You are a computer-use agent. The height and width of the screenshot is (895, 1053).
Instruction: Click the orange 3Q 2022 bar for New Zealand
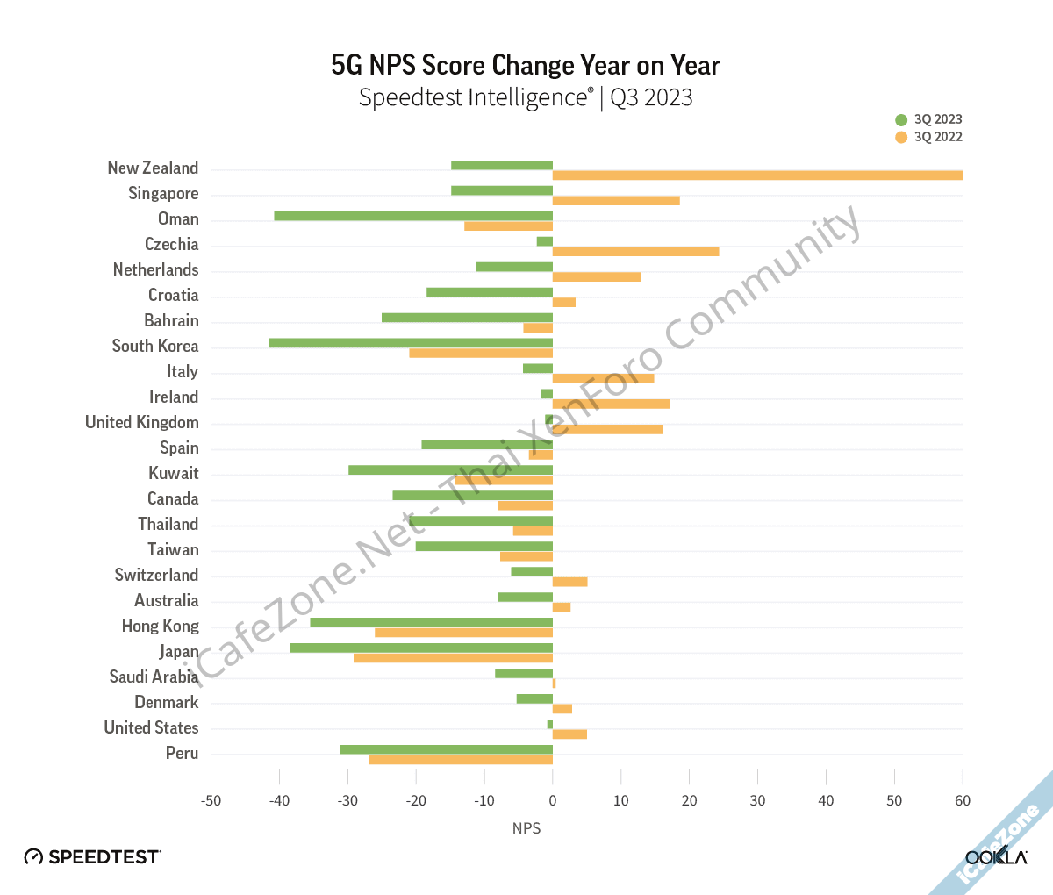tap(757, 175)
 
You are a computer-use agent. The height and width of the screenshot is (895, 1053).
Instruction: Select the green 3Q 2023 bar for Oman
tap(413, 216)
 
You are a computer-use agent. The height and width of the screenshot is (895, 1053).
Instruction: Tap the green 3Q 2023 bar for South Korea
tap(411, 343)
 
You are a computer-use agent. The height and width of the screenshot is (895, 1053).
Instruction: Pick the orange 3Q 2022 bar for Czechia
tap(635, 252)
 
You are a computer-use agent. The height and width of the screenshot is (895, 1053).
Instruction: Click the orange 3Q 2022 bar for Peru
tap(461, 760)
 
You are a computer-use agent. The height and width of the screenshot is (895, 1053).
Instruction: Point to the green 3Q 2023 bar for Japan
tap(421, 648)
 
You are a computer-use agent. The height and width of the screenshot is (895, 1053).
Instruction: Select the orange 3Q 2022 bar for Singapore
tap(616, 201)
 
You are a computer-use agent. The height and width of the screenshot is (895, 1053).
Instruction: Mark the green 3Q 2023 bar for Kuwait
tap(450, 470)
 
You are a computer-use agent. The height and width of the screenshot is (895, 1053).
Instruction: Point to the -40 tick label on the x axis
tap(279, 800)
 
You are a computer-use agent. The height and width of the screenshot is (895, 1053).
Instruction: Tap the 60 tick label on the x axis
tap(963, 800)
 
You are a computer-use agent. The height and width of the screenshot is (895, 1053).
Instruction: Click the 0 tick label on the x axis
tap(553, 800)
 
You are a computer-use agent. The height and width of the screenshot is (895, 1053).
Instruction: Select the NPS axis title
tap(526, 828)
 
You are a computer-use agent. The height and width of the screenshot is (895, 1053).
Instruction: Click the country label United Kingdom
tap(142, 423)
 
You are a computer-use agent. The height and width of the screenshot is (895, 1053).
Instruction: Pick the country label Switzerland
tap(156, 576)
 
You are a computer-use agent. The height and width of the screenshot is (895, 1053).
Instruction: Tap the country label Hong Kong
tap(160, 626)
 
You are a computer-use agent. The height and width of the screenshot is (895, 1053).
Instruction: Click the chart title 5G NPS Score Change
tap(526, 66)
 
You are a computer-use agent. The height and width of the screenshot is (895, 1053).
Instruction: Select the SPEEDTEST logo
tap(92, 856)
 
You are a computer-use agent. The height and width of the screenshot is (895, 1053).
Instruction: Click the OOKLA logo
tap(995, 856)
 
